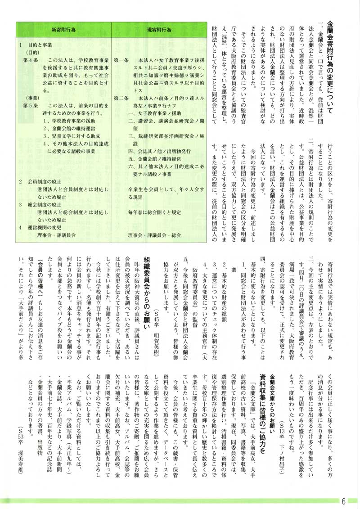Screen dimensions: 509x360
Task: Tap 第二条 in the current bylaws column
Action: pos(121,98)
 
